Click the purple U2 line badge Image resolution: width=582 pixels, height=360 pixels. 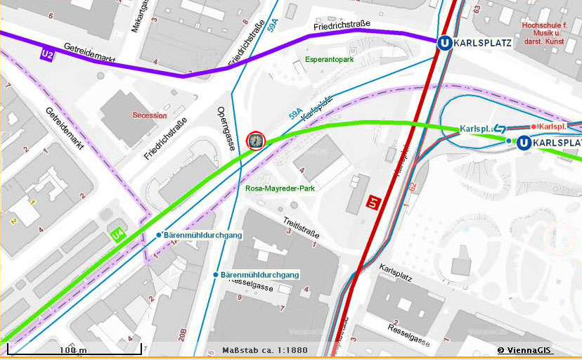click(x=48, y=54)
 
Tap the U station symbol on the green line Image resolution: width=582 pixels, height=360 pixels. click(x=524, y=143)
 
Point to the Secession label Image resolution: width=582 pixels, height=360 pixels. click(x=150, y=115)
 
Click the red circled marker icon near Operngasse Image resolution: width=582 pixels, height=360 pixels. click(x=256, y=141)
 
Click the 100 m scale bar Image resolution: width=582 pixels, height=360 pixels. click(x=74, y=349)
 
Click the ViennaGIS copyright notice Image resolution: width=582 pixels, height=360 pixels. click(x=525, y=350)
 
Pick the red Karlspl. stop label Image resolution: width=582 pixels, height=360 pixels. click(x=551, y=127)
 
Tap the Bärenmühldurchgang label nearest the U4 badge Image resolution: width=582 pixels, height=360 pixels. click(x=202, y=234)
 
